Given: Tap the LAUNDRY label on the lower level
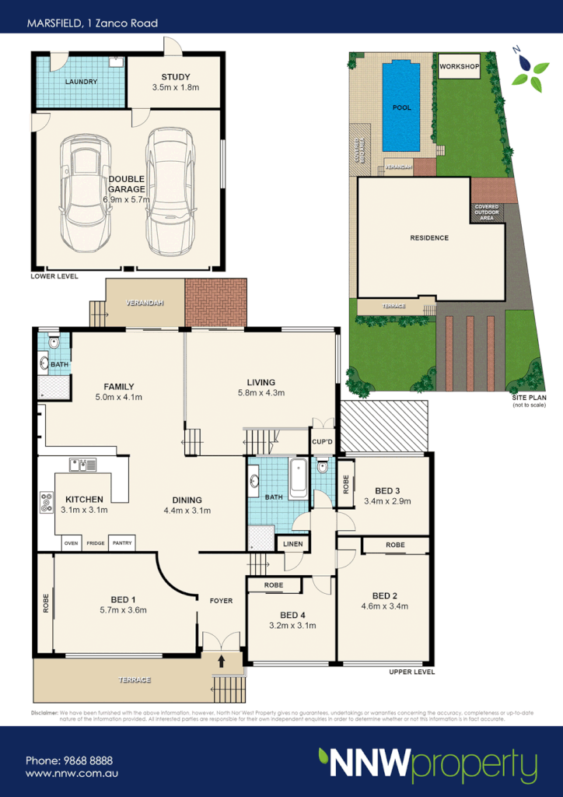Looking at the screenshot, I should click(x=82, y=82).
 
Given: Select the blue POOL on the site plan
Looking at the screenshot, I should click(x=402, y=107).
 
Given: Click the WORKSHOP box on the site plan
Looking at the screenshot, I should click(x=459, y=68).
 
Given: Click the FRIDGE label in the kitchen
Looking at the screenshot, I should click(x=96, y=543).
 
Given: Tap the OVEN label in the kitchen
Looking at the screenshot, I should click(x=72, y=543).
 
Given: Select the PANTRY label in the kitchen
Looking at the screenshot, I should click(x=121, y=543).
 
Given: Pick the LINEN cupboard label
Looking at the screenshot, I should click(x=292, y=543).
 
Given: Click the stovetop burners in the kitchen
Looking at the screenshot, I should click(x=45, y=502).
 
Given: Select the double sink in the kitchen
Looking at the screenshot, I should click(x=82, y=465).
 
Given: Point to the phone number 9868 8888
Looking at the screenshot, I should click(x=69, y=760).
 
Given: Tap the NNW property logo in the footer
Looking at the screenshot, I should click(x=427, y=764).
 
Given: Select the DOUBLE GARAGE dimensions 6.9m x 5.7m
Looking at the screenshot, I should click(x=127, y=199).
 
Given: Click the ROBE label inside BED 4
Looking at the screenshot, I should click(x=272, y=585).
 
